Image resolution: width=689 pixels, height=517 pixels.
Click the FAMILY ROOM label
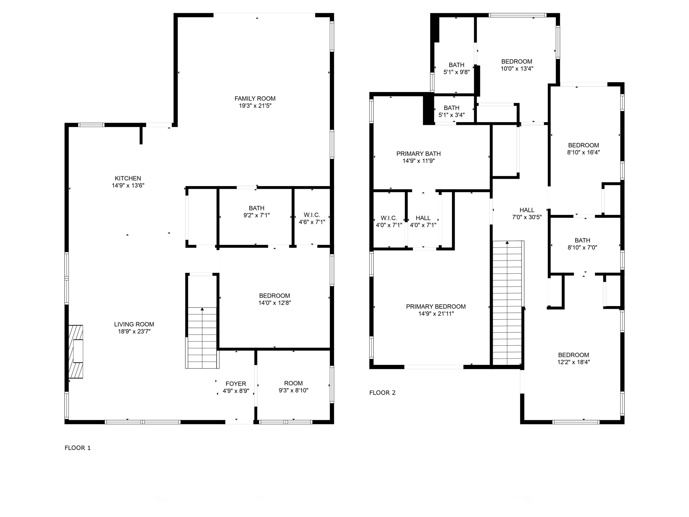[255, 99]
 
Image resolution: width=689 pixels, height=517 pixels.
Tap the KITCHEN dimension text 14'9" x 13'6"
[128, 186]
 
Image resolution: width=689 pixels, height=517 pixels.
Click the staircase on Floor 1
[202, 338]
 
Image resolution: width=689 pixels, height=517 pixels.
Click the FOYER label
[236, 384]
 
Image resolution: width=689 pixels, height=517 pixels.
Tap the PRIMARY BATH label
[418, 154]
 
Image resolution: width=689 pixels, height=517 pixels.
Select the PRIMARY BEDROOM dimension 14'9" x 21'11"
[436, 313]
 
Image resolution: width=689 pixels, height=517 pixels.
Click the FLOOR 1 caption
[78, 448]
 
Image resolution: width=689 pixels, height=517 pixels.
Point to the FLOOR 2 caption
[382, 393]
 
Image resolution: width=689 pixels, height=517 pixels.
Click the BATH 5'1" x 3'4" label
[451, 111]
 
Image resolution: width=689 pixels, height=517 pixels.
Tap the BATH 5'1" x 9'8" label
[456, 68]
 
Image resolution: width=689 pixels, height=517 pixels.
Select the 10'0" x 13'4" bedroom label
[517, 65]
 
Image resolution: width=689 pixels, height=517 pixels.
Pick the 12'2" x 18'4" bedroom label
[574, 358]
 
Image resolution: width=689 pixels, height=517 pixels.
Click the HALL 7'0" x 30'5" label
[527, 214]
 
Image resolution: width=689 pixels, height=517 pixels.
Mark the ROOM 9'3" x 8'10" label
[293, 387]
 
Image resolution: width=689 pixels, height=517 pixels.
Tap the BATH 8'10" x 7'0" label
[582, 244]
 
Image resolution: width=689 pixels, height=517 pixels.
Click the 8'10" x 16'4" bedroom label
[583, 149]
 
